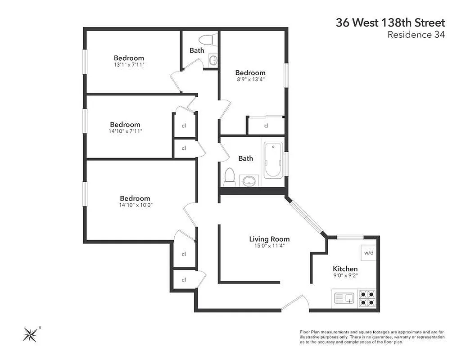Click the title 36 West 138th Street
(x=390, y=22)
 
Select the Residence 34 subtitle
(x=416, y=35)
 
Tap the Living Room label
(x=269, y=239)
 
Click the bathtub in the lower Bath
(x=272, y=160)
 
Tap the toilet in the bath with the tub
(x=230, y=176)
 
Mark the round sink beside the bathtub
(x=248, y=181)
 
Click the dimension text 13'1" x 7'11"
(x=129, y=65)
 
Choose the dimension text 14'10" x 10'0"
(x=135, y=205)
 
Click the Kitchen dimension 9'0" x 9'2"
(x=345, y=275)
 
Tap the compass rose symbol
(x=31, y=333)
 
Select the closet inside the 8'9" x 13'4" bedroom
(x=266, y=126)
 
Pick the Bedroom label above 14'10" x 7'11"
(x=125, y=125)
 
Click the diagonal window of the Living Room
(x=306, y=217)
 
